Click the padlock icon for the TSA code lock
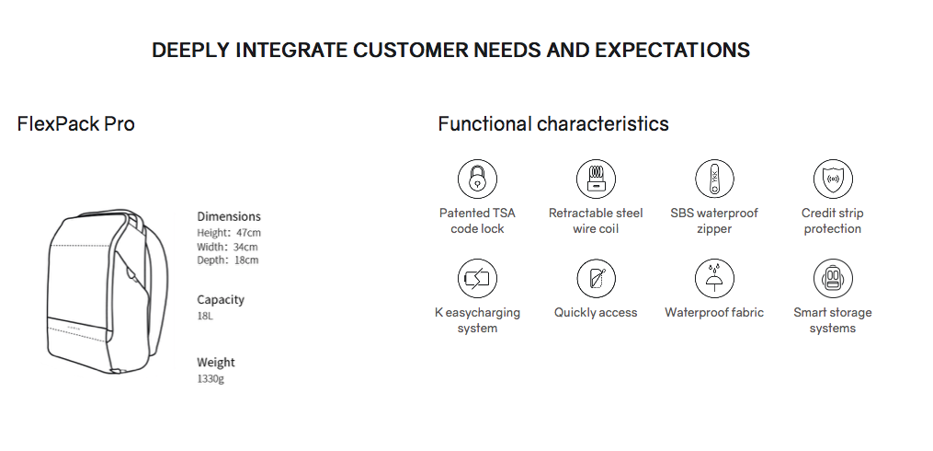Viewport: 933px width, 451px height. pos(477,179)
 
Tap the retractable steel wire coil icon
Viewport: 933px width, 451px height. pos(596,179)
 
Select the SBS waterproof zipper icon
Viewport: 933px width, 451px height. pos(714,179)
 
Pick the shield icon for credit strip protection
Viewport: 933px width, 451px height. pos(833,179)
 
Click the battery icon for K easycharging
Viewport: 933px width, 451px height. pos(477,278)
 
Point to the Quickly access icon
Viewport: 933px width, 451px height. pos(596,278)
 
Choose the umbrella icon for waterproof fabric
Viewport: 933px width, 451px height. pos(714,278)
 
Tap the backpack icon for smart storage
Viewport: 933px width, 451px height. pos(833,278)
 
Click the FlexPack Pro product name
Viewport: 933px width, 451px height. pos(76,124)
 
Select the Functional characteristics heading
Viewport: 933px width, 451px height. pos(553,124)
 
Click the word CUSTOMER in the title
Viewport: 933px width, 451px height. pos(411,50)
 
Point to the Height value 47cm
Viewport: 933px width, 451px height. pos(248,233)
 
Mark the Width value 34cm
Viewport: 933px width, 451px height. pos(245,247)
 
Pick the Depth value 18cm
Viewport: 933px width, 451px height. pos(246,260)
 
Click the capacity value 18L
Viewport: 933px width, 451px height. pos(205,316)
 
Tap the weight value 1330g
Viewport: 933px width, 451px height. pos(210,378)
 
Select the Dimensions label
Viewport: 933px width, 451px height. pos(229,216)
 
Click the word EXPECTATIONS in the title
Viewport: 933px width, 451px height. pos(672,50)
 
